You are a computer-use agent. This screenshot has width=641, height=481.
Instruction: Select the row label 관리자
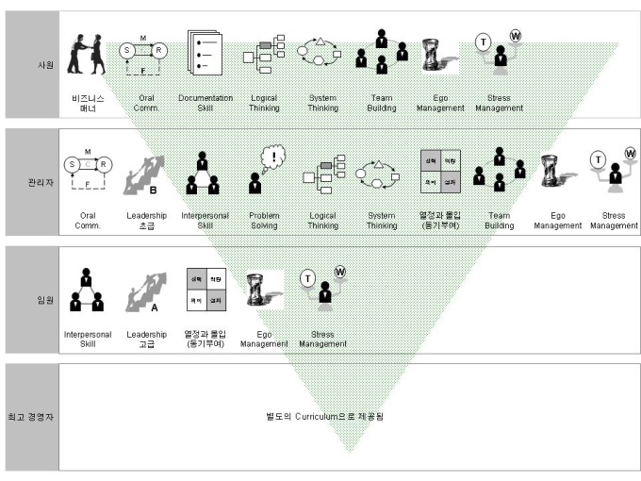32,185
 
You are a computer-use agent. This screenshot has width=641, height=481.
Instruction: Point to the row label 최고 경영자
32,416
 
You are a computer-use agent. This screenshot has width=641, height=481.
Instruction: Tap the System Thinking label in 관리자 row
382,221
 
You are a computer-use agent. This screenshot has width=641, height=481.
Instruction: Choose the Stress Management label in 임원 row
323,339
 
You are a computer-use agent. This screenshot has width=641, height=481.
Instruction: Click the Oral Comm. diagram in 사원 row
145,57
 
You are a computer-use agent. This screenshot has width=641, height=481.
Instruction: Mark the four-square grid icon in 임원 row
205,291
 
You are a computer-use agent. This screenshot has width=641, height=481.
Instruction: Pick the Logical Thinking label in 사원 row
263,103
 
